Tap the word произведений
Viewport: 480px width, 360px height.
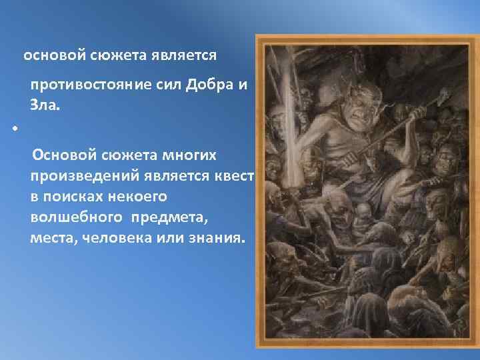(x=77, y=177)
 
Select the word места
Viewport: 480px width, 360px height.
(x=51, y=238)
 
